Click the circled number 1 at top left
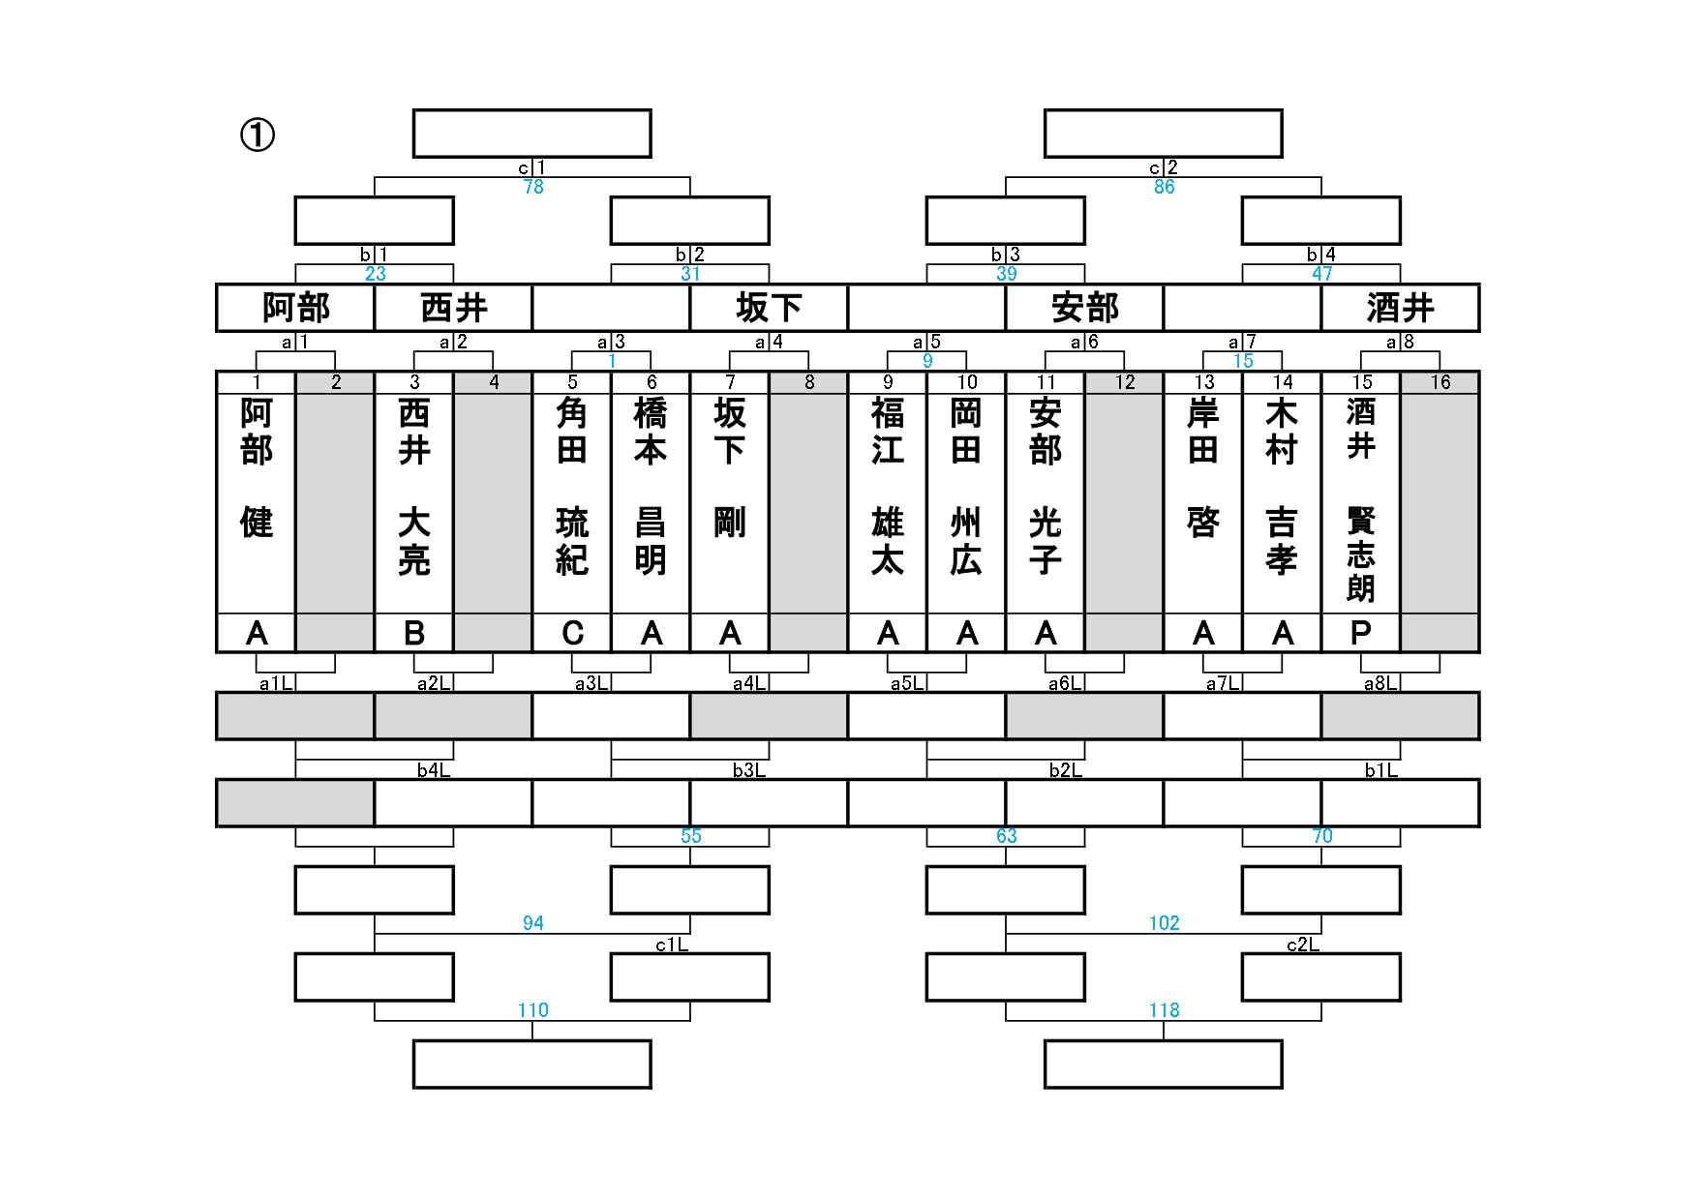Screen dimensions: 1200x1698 point(258,135)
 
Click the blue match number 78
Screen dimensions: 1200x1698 point(533,187)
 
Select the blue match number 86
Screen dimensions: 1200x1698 point(1164,187)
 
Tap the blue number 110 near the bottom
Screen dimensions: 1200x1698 point(532,1010)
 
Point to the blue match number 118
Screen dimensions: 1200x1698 point(1164,1010)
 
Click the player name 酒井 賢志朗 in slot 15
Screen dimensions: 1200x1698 point(1360,498)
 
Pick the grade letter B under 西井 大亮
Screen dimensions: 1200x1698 point(414,633)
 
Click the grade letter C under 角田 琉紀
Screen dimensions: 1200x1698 point(572,633)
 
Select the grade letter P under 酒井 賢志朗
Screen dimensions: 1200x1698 point(1360,633)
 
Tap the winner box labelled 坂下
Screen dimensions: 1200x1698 point(769,309)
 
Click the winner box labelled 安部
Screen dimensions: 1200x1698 point(1084,309)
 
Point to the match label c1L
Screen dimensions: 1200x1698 point(672,945)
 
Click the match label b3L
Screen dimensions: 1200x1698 point(749,770)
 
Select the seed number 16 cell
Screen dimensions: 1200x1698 point(1440,382)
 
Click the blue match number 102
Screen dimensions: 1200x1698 point(1164,923)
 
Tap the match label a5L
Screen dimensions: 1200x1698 point(907,683)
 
